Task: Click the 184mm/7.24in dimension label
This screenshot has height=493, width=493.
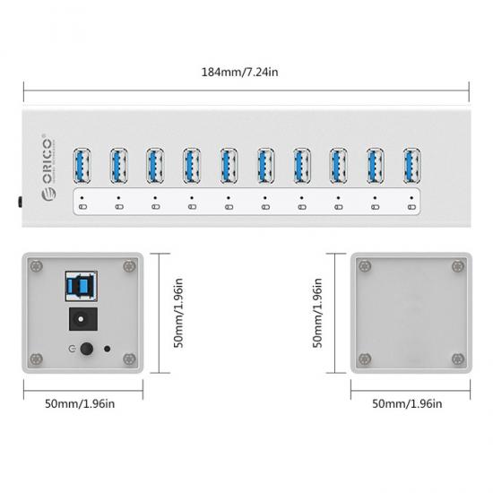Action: tap(239, 72)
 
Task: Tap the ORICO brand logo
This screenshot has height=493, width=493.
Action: tap(48, 168)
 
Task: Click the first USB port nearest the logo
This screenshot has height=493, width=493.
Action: tap(82, 166)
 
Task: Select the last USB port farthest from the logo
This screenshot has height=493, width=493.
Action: tap(412, 166)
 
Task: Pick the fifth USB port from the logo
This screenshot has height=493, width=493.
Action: tap(229, 166)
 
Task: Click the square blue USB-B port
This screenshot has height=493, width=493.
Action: tap(81, 286)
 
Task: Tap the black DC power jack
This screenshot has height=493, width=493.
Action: tap(83, 319)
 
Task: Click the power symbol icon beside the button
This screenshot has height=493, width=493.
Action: tap(72, 349)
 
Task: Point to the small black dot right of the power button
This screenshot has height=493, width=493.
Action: tap(108, 349)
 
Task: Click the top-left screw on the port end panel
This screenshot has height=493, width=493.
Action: tap(37, 266)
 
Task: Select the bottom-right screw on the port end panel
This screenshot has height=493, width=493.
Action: tap(129, 359)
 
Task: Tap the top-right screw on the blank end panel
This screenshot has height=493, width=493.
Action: tap(458, 266)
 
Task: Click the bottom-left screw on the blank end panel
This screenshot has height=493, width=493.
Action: tap(365, 359)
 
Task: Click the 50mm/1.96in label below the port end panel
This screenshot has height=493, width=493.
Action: tap(80, 403)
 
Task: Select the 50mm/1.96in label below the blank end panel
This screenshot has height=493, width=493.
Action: tap(407, 403)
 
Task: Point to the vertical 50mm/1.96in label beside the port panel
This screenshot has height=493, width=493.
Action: tap(178, 313)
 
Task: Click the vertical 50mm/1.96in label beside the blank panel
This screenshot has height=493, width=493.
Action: tap(317, 313)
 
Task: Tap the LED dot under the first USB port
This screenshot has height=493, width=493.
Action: tap(82, 198)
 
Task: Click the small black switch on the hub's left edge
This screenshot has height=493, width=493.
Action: tap(20, 203)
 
